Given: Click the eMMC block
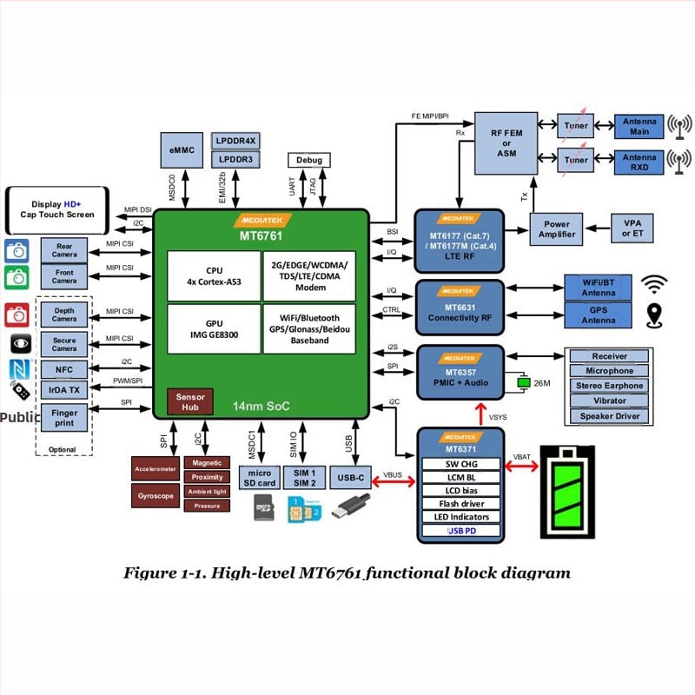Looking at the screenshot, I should click(x=182, y=151).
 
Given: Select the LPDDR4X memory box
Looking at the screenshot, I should click(x=235, y=141).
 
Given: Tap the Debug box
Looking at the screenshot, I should click(x=309, y=161).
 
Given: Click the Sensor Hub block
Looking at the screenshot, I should click(x=189, y=400).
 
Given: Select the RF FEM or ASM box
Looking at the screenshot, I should click(x=506, y=142).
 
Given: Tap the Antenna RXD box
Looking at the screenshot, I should click(x=639, y=161).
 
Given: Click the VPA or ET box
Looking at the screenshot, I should click(x=632, y=228).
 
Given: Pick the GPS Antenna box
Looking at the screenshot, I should click(x=598, y=314).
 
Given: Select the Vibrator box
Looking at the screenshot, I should click(x=609, y=400).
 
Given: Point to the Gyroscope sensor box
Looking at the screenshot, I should click(x=155, y=495).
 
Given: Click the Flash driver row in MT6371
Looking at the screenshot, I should click(x=461, y=504).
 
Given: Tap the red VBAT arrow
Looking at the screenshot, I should click(x=521, y=466).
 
